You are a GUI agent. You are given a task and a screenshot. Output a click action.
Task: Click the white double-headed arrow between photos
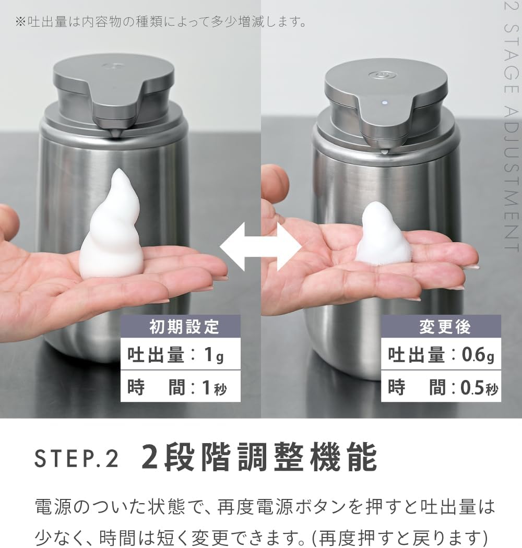pos(261,247)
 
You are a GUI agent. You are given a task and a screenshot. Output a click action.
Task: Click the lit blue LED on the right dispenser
pos(385,103)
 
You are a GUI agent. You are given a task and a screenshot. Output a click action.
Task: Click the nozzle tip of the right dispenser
pos(385,151)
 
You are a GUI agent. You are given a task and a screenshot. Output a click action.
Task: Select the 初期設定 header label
pos(184,327)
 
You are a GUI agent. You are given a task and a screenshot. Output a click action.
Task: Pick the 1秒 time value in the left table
pos(215,388)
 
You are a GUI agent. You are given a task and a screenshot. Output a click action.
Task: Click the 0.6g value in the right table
pos(478,355)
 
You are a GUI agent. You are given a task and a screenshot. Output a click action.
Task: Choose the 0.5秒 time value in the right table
pos(479,388)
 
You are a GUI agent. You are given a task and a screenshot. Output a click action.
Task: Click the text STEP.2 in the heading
pos(77,459)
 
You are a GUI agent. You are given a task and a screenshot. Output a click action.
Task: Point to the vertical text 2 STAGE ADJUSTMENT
pos(512,126)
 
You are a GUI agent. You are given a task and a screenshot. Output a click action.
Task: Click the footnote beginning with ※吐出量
pos(161,22)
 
